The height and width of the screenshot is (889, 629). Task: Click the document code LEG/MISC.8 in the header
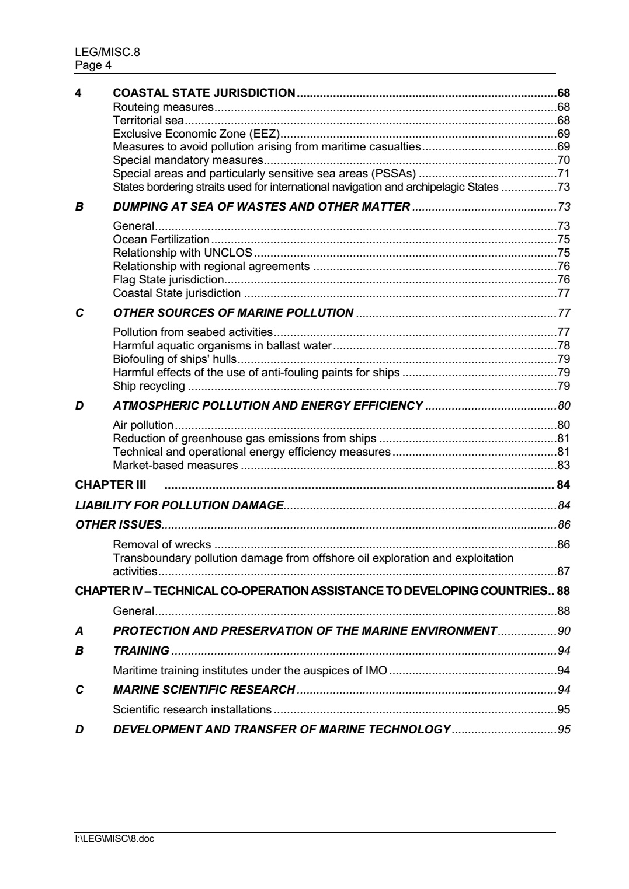pos(107,52)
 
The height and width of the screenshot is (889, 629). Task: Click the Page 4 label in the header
pos(93,65)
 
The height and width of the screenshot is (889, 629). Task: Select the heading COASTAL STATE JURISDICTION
pos(204,93)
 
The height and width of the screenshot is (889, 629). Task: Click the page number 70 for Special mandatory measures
pos(564,160)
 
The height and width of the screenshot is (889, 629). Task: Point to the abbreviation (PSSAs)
pos(396,174)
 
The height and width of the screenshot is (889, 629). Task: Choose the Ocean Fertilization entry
pos(161,240)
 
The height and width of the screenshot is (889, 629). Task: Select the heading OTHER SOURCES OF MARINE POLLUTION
pos(233,313)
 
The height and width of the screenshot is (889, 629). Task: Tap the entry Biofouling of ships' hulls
pos(175,359)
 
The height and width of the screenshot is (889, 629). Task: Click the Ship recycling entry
pos(149,386)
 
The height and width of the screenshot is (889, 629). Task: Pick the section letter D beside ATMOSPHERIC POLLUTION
pos(79,405)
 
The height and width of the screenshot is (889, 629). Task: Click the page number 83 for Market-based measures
pos(564,466)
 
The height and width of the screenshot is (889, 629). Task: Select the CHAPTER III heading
pos(110,485)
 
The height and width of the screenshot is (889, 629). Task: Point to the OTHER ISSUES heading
pos(119,524)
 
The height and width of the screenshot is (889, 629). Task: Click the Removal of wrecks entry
pos(162,545)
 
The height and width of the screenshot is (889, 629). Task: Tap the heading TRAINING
pos(141,650)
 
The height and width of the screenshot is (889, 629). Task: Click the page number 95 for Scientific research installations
pos(564,710)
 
